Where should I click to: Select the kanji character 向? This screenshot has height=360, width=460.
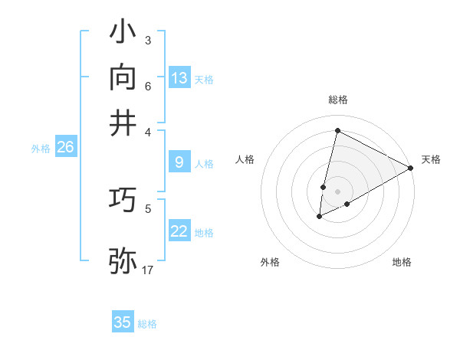123,77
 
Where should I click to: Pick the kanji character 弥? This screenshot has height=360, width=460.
123,260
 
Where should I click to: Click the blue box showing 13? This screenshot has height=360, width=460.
179,78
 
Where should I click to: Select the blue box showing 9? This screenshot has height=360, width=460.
179,162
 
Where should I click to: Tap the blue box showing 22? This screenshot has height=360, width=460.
179,231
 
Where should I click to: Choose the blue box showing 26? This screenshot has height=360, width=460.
65,147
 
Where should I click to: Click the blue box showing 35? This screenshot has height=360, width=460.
123,322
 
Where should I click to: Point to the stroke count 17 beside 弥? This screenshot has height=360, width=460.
148,270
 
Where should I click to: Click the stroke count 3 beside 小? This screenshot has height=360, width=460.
147,40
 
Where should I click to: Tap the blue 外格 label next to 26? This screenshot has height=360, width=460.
41,149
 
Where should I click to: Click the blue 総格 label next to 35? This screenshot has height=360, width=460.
147,324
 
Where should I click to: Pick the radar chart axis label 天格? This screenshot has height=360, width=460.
431,159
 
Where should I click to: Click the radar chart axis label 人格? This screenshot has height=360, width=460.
245,159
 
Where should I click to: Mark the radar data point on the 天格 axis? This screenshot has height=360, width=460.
412,168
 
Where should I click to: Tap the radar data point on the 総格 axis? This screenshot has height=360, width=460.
337,131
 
